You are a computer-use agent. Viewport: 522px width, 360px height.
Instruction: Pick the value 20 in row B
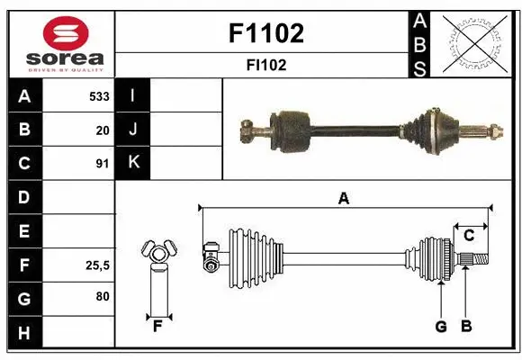click(103, 130)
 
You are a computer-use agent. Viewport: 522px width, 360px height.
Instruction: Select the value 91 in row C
click(103, 164)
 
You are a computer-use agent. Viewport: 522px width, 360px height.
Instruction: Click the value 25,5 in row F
click(97, 265)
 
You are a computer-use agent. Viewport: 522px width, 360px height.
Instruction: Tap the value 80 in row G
click(103, 298)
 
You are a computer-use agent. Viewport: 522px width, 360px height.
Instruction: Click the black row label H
click(24, 333)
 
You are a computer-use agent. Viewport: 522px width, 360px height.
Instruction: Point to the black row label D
click(24, 197)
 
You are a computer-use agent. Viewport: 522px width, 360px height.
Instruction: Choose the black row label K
click(133, 163)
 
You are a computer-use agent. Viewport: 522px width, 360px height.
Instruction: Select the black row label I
click(133, 95)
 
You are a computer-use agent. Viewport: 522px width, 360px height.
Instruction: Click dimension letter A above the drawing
click(343, 199)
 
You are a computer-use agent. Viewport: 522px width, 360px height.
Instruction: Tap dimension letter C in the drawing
click(469, 236)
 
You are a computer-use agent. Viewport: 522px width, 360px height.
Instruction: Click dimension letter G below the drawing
click(441, 327)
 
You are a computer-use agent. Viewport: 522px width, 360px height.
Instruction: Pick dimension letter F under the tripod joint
click(157, 326)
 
